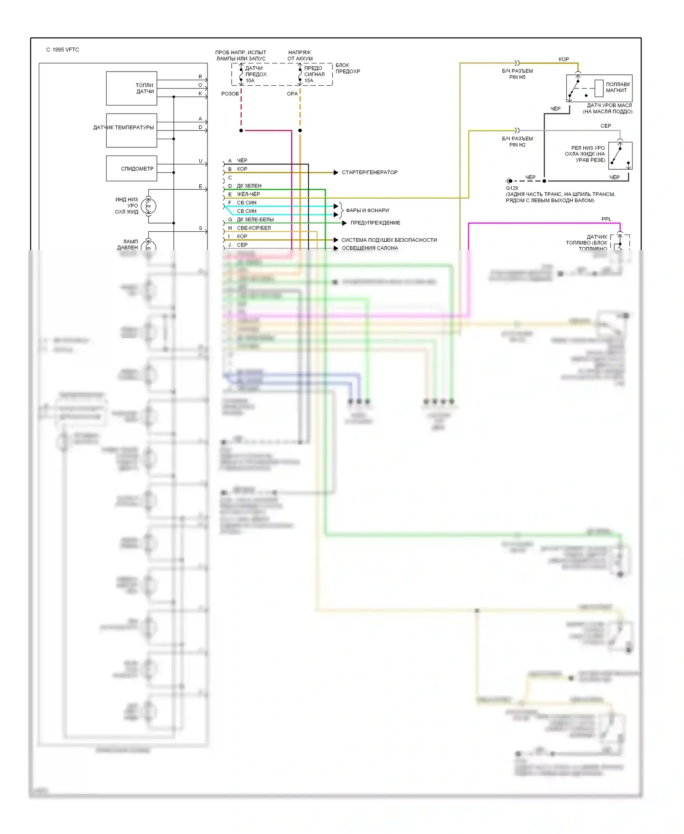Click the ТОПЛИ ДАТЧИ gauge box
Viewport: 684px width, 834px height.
point(131,89)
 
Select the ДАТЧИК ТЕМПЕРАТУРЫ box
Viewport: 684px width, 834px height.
point(131,130)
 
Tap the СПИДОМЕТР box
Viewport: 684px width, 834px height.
point(131,168)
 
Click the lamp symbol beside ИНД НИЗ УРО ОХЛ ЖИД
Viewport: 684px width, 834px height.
point(149,206)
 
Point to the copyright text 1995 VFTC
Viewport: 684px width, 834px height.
point(62,50)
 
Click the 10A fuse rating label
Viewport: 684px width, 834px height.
point(250,81)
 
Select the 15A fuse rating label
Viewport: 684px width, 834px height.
point(309,81)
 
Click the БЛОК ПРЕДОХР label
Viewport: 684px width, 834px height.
point(347,68)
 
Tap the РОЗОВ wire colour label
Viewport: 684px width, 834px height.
point(230,94)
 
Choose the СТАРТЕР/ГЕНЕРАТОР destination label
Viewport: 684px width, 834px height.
point(369,172)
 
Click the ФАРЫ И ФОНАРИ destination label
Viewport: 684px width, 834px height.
point(367,210)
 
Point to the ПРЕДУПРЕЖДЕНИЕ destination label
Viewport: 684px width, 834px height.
point(375,223)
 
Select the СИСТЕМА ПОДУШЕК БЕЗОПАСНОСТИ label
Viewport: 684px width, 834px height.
point(389,240)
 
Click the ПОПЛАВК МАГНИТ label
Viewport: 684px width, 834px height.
point(618,87)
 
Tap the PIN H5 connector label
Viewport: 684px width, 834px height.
point(517,78)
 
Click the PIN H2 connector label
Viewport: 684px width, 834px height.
point(517,145)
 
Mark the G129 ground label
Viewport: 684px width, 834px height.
point(512,188)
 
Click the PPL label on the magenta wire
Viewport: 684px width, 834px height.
point(606,219)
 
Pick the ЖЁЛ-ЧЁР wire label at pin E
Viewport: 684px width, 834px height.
point(249,194)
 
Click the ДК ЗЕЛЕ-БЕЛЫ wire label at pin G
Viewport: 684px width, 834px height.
point(255,219)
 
